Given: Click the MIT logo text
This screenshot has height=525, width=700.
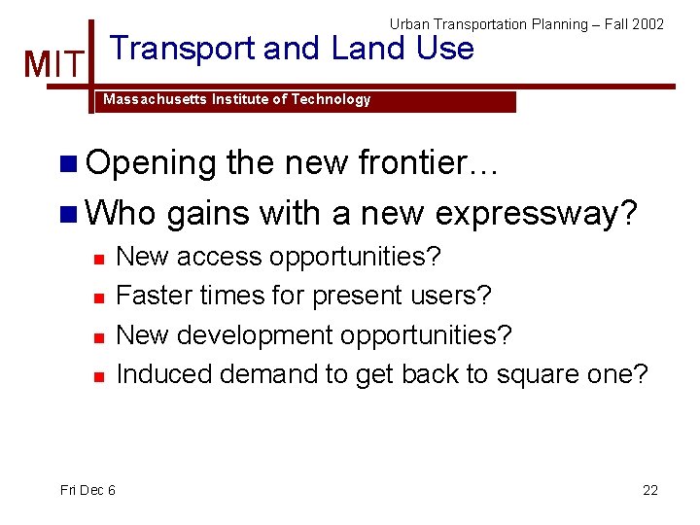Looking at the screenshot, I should coord(53,65).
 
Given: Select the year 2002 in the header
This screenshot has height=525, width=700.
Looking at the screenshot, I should coord(647,24).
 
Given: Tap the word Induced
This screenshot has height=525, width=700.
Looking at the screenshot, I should coord(163,373).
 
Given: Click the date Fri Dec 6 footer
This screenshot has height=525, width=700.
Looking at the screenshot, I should coord(87,490).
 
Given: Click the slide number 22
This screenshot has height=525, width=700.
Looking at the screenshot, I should coord(650,490).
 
